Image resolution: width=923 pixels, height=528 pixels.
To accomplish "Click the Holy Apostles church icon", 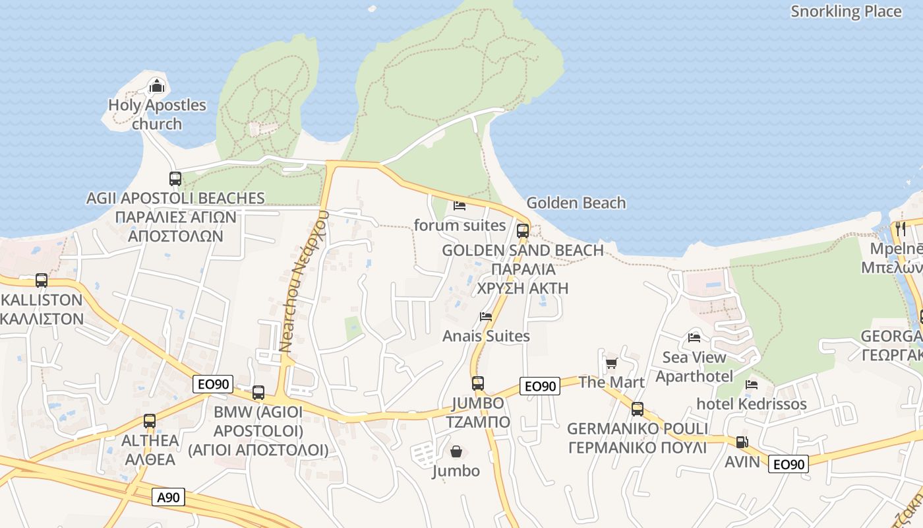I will click(x=157, y=86).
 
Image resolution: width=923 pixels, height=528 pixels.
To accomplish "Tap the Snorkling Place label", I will click(x=846, y=11).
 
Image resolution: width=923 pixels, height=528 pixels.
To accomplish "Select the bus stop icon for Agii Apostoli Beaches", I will click(x=175, y=178).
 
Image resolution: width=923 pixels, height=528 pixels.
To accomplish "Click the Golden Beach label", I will click(x=576, y=203).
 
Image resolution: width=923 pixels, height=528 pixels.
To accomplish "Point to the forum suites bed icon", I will click(x=460, y=206).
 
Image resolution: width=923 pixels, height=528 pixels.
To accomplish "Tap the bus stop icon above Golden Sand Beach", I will click(x=523, y=231).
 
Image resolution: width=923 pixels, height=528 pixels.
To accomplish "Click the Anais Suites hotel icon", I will click(x=486, y=317).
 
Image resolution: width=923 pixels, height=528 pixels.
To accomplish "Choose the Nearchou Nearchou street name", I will click(x=303, y=280).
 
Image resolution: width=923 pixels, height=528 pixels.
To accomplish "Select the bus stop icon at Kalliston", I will click(x=42, y=280).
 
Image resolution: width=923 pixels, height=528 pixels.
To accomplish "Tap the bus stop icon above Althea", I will click(x=150, y=421).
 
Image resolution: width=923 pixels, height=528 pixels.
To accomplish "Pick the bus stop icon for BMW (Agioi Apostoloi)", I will click(x=258, y=393).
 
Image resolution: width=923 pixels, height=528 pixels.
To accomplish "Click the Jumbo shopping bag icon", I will click(x=456, y=452).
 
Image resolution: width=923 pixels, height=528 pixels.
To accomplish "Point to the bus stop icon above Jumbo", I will click(x=478, y=383).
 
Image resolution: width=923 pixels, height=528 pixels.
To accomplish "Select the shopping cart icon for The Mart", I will click(x=611, y=363).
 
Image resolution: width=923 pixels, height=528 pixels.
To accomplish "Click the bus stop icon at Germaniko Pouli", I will click(x=638, y=409).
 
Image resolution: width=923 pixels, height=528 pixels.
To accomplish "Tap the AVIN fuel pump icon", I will click(x=742, y=442).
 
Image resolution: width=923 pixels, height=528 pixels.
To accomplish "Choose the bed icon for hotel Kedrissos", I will click(x=752, y=385).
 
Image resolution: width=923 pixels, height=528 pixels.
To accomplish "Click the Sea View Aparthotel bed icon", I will click(x=694, y=338).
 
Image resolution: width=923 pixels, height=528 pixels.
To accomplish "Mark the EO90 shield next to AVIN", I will click(x=789, y=464).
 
